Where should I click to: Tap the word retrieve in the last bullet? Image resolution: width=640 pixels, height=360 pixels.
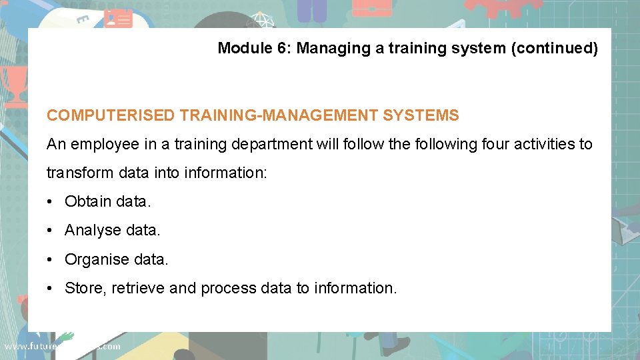pyautogui.click(x=138, y=288)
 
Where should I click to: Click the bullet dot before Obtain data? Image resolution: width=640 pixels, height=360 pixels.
pyautogui.click(x=51, y=201)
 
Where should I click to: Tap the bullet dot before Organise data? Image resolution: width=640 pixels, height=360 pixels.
pyautogui.click(x=51, y=259)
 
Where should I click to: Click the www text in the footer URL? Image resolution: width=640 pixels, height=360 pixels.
pyautogui.click(x=15, y=347)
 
